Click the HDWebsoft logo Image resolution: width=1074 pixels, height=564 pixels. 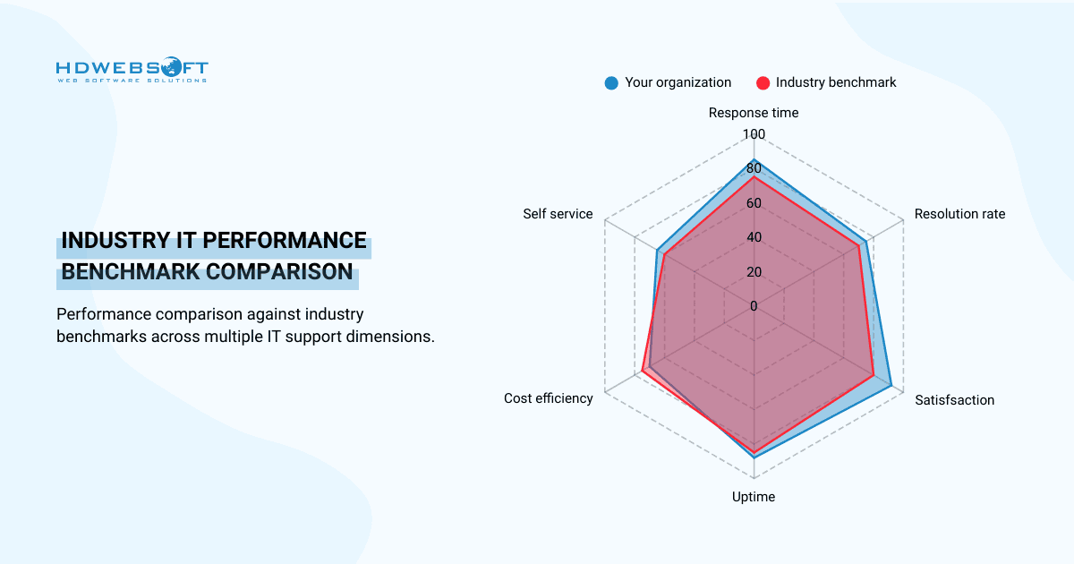click(132, 71)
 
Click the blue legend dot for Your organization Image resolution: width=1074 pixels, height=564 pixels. click(611, 82)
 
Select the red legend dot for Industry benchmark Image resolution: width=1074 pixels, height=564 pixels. click(763, 82)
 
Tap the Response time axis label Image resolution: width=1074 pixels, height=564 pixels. click(754, 113)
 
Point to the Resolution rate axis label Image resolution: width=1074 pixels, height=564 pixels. click(959, 214)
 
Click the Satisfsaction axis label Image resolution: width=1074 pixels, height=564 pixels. click(954, 400)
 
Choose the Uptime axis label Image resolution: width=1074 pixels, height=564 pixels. click(754, 497)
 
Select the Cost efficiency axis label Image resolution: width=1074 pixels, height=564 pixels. click(548, 398)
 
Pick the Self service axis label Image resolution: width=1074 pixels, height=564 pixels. click(558, 214)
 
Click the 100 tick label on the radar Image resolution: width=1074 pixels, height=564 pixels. click(754, 134)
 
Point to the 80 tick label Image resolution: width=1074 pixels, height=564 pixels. click(754, 168)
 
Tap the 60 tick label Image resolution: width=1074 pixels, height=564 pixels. click(754, 203)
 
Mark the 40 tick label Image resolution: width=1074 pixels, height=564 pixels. click(754, 237)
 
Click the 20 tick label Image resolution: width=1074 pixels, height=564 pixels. click(754, 271)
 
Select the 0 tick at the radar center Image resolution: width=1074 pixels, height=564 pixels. click(754, 306)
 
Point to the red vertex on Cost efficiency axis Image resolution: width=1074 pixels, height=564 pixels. click(643, 371)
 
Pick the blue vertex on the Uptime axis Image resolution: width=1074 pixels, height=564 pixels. click(754, 457)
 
